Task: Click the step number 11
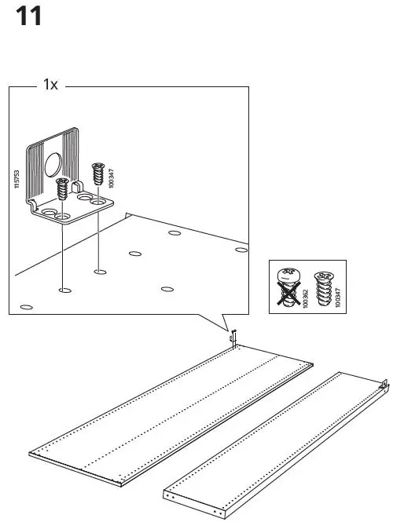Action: [x=28, y=16]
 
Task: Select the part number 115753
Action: [x=17, y=177]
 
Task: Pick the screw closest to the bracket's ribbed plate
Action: [x=62, y=189]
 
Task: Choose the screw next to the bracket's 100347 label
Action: [x=98, y=172]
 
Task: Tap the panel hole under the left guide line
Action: [x=61, y=290]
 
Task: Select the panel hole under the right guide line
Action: [x=98, y=272]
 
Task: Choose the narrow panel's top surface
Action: [x=275, y=440]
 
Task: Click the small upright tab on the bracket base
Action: [x=79, y=188]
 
